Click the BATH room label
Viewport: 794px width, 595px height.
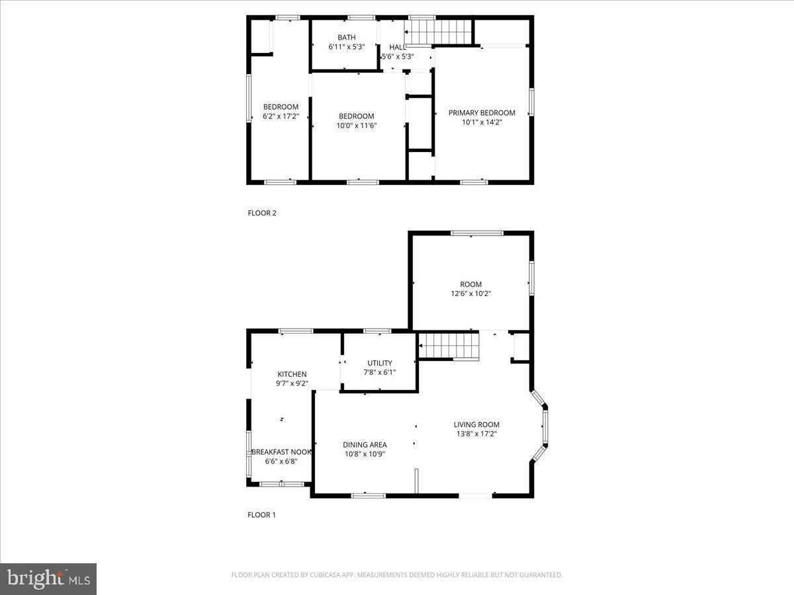coord(346,38)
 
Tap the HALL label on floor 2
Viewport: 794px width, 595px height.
coord(398,47)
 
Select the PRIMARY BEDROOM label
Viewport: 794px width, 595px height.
coord(482,112)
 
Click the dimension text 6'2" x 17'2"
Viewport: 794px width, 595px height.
coord(281,116)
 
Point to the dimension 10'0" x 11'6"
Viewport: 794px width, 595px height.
coord(357,125)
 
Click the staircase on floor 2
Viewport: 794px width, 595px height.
coord(439,31)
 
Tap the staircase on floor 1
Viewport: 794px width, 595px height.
coord(449,346)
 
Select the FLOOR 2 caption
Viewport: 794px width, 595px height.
coord(261,213)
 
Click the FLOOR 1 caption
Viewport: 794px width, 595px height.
coord(261,514)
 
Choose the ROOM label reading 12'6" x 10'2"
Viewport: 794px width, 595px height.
coord(471,284)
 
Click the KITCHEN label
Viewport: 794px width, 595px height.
coord(292,374)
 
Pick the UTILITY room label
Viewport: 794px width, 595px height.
coord(380,363)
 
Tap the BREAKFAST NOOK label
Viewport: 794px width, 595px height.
coord(281,452)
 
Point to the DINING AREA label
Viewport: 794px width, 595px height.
coord(365,445)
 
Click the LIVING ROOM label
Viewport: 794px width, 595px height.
coord(476,424)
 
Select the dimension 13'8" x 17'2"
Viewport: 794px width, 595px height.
coord(476,434)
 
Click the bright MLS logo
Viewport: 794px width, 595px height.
coord(48,579)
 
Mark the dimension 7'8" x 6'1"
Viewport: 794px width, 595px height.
coord(380,372)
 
